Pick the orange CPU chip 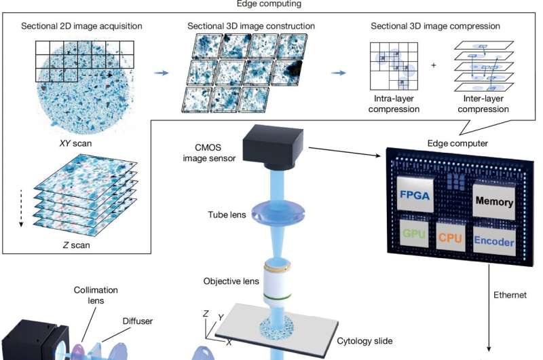(450, 238)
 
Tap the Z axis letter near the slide (206, 313)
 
